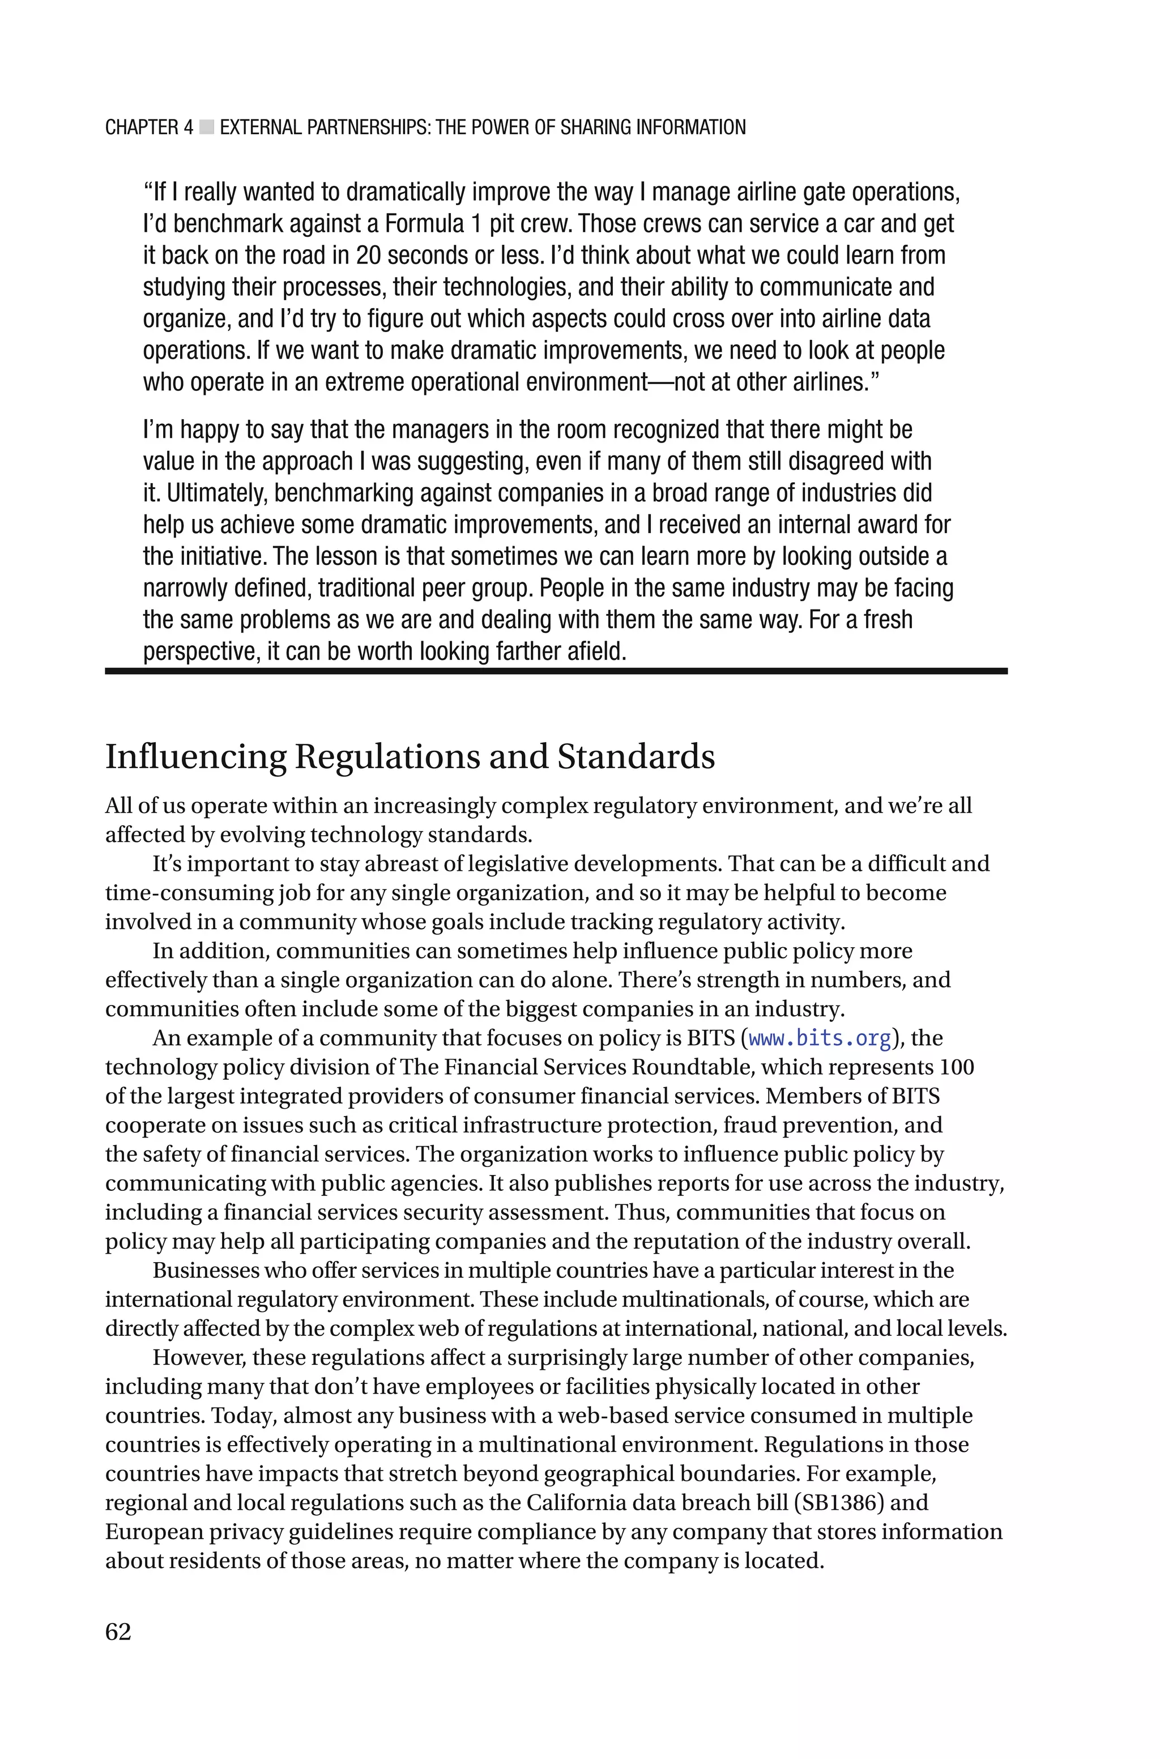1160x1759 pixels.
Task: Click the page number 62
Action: pos(118,1632)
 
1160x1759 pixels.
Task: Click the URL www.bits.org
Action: pos(820,1038)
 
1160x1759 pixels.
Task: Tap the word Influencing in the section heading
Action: pos(195,757)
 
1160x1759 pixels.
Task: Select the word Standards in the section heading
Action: pos(636,757)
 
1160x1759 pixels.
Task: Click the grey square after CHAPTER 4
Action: pos(206,128)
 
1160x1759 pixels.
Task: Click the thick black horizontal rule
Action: pos(556,671)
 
